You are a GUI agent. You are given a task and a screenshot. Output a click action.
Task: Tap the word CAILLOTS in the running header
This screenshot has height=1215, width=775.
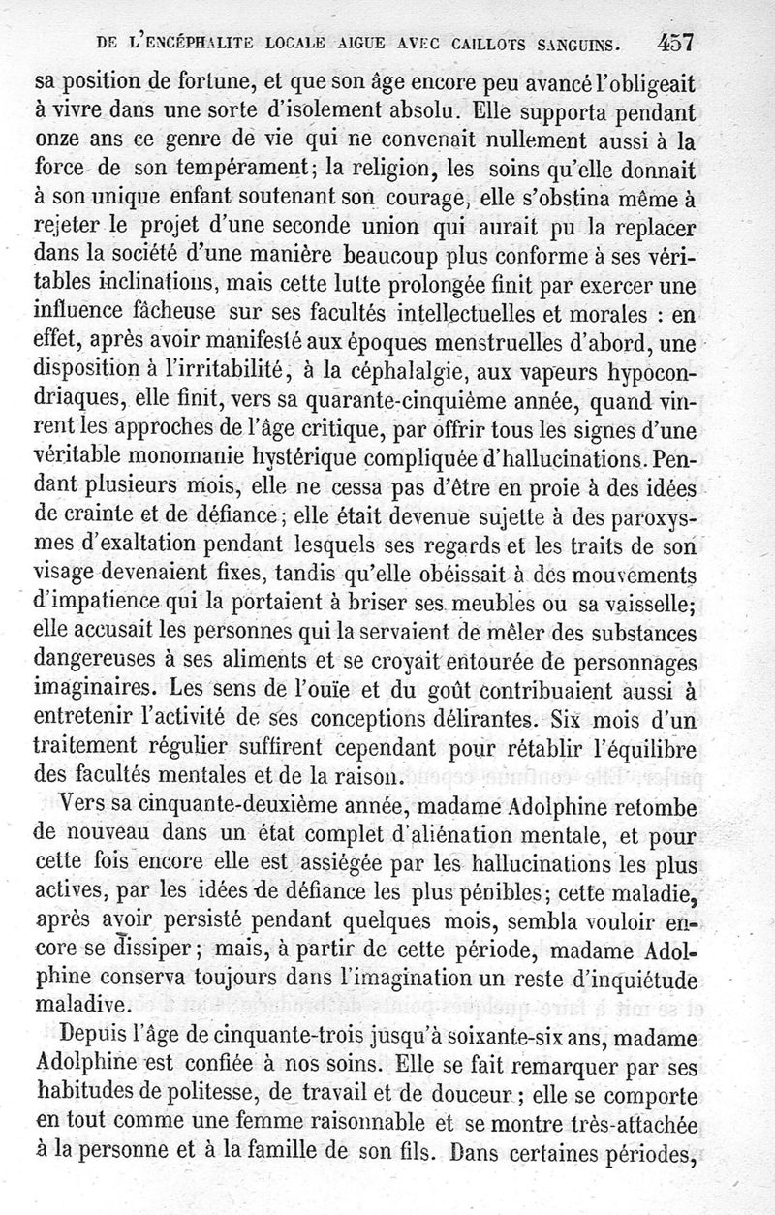click(485, 42)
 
